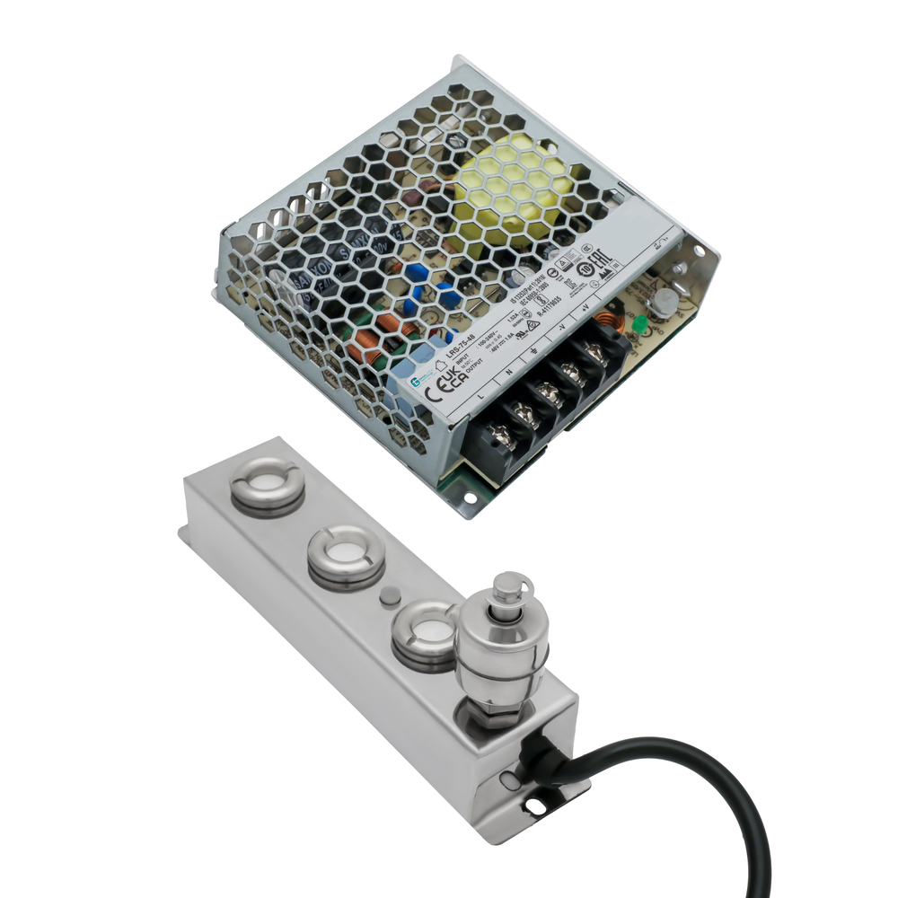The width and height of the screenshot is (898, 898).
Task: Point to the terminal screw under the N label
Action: point(525,415)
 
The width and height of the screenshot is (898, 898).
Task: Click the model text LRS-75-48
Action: point(464,345)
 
